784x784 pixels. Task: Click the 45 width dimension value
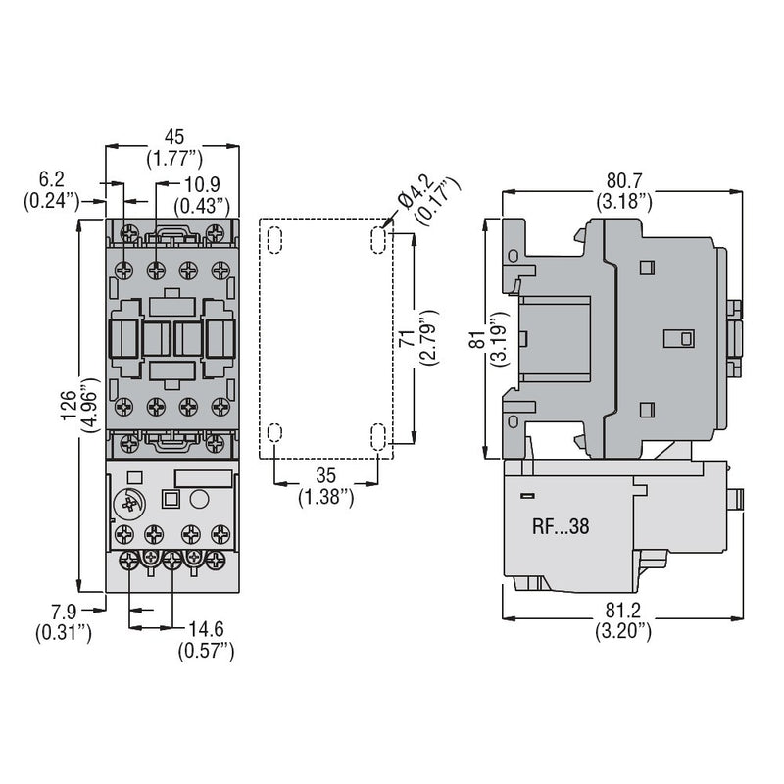(172, 136)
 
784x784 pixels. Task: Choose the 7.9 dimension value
(64, 614)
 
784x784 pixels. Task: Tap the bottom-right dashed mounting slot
(378, 435)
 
